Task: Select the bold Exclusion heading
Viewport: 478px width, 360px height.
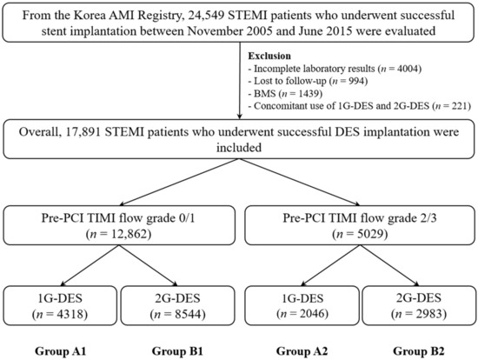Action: pos(269,56)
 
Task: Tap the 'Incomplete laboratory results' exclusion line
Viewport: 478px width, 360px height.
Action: pos(335,69)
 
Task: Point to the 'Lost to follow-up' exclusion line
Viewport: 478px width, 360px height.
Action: pos(308,81)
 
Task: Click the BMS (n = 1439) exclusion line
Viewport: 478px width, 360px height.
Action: pos(285,94)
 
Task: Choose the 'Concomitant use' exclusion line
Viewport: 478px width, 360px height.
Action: pos(360,106)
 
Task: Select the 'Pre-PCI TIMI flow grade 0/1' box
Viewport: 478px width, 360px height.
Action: pos(119,225)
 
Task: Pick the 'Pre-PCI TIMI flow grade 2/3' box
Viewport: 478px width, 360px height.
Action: pos(360,225)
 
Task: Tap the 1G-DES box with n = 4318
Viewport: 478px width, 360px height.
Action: pos(60,305)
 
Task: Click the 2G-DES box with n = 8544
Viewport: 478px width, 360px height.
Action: pos(177,305)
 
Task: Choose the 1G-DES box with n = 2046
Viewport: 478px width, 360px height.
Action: pos(302,305)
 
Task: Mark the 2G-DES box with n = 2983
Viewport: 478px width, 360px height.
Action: pos(419,305)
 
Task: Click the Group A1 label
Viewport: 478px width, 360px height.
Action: pos(60,351)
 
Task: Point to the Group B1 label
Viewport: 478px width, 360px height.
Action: pos(177,351)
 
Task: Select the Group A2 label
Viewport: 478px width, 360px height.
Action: pos(302,351)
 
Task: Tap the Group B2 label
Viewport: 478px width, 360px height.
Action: pos(419,351)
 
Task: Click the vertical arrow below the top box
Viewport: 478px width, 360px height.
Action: pos(240,81)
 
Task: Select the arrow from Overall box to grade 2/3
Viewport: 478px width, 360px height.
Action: pos(300,182)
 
